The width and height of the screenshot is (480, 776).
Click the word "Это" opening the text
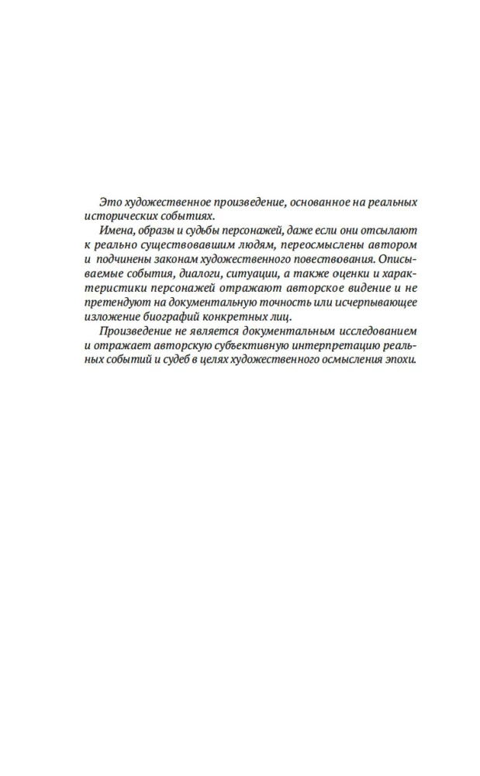101,202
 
